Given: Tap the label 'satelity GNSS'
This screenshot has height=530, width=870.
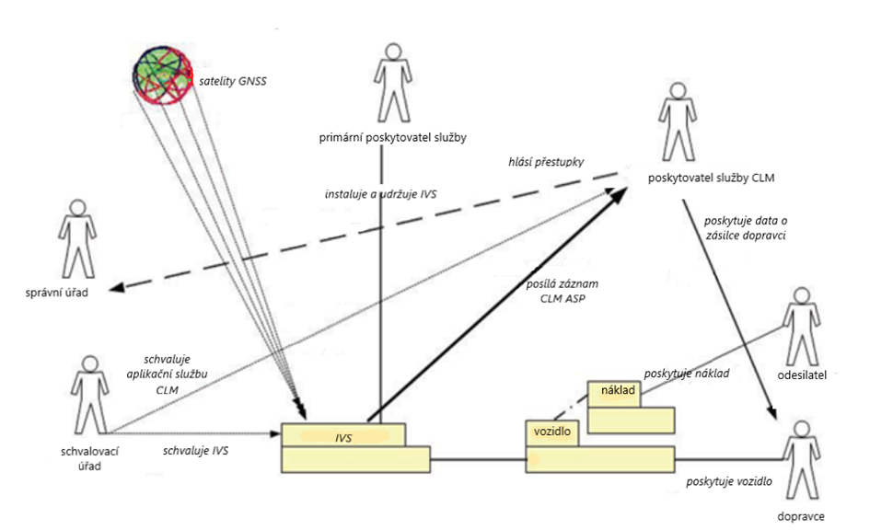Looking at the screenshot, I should coord(238,81).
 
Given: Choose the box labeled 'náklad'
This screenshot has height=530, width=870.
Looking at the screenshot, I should coord(614,392).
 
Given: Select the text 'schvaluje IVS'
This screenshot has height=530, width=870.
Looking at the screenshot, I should coord(196,451).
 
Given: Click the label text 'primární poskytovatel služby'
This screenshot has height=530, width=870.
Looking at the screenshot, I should coord(390,138).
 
